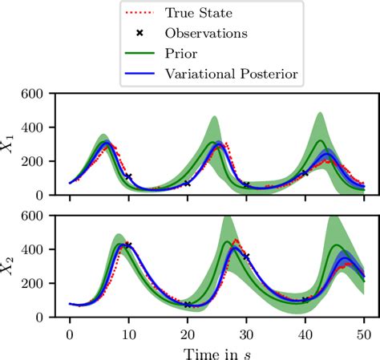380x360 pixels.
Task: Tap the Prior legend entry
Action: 204,54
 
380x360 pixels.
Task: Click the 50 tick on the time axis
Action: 363,330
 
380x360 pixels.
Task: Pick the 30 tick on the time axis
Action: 246,330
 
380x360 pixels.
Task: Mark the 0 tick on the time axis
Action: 70,330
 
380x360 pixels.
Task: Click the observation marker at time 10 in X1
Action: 128,176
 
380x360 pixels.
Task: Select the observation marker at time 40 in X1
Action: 305,173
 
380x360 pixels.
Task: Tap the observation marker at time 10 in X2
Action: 128,245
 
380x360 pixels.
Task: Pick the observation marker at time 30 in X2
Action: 246,257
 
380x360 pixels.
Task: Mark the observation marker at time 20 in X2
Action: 188,305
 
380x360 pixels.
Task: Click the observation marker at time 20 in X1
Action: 188,184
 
